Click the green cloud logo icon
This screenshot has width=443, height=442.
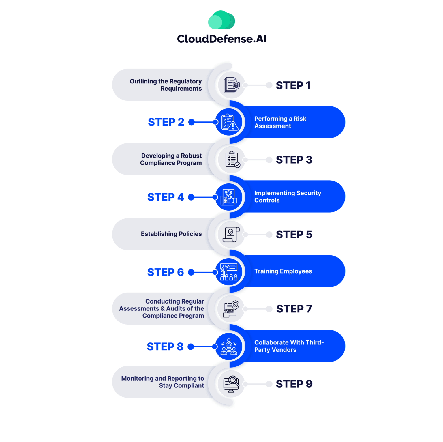221,20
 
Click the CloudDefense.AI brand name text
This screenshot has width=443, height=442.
221,39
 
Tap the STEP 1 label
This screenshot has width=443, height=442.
293,85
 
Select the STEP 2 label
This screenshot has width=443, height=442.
166,122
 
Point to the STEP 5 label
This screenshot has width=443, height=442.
294,235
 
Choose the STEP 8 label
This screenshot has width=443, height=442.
165,347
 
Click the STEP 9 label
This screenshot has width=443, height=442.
294,384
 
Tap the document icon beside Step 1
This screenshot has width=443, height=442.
231,85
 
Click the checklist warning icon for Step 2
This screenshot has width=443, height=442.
229,122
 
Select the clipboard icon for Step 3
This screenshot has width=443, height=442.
232,160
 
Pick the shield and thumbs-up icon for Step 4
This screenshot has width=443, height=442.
229,197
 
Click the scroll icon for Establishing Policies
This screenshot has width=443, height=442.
231,234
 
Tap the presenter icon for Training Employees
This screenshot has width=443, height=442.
229,272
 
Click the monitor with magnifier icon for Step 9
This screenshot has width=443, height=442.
231,384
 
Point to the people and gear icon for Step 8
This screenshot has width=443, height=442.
229,347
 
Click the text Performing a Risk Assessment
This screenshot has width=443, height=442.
280,122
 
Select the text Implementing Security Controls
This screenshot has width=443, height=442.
287,196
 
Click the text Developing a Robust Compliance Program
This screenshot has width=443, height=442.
171,159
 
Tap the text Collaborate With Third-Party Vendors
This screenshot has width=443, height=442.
289,346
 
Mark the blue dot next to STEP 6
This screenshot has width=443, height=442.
191,272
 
